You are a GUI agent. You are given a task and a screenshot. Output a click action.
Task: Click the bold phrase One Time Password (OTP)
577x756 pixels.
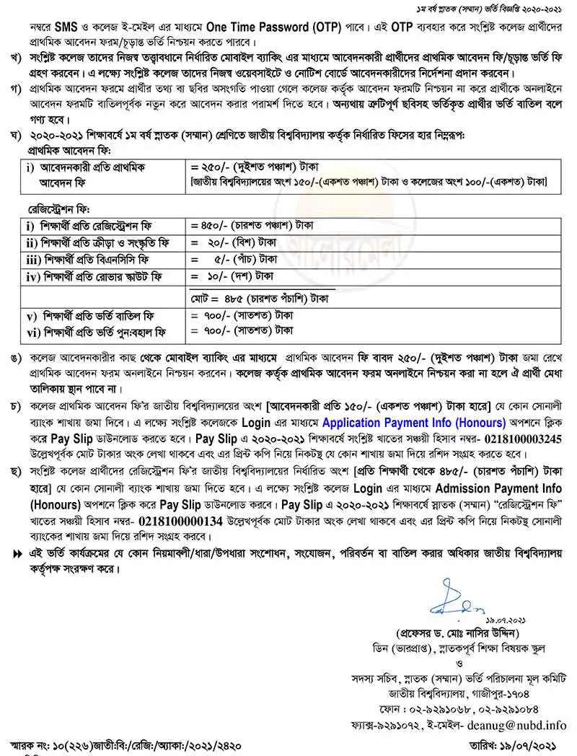tap(268, 23)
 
